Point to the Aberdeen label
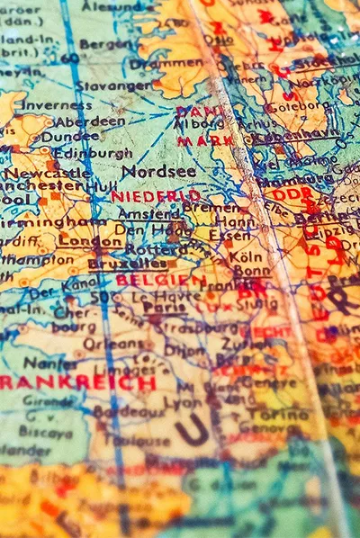click(x=89, y=121)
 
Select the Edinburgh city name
click(x=93, y=153)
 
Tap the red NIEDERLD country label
click(x=156, y=195)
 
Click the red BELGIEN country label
click(x=147, y=280)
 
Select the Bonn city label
click(x=252, y=271)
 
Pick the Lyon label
click(x=184, y=403)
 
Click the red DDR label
click(x=291, y=193)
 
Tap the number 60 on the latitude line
click(x=69, y=58)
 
